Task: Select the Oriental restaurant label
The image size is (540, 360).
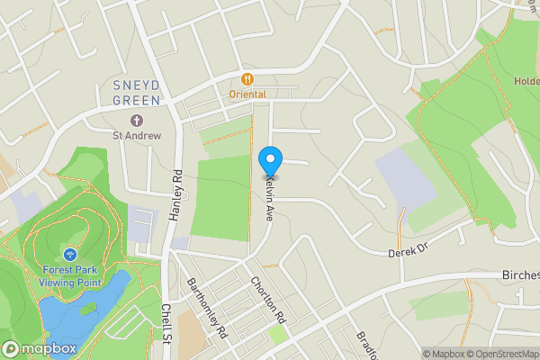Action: (x=247, y=94)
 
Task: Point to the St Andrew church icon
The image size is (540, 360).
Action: (x=137, y=121)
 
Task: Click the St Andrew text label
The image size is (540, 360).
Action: (x=137, y=136)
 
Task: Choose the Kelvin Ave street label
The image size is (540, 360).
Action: (x=268, y=199)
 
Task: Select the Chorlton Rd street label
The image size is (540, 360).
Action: (x=267, y=301)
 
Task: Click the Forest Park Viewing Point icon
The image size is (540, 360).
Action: (x=70, y=255)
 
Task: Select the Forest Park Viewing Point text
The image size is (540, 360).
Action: (x=70, y=276)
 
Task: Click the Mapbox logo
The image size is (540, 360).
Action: (x=39, y=348)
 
